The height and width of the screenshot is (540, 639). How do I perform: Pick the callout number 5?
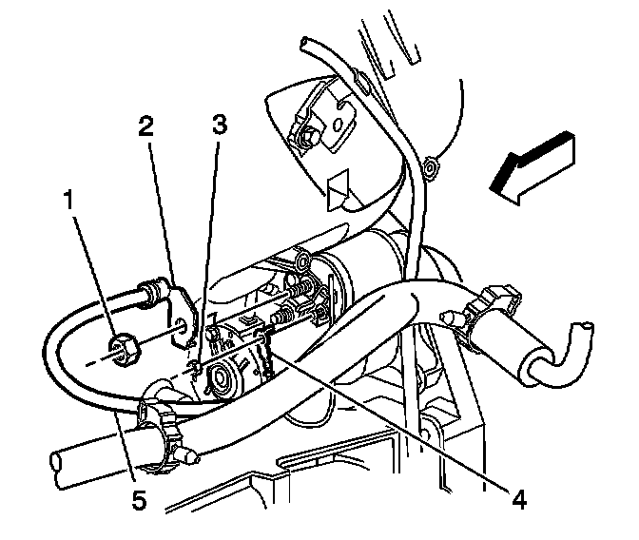click(140, 499)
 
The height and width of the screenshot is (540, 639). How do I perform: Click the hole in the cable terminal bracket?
click(181, 333)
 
